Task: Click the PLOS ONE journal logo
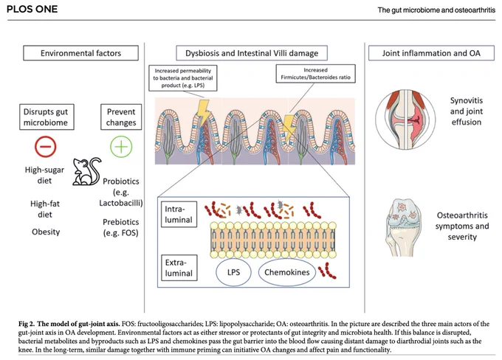point(32,9)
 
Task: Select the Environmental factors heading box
point(80,53)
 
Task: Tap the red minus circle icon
point(46,147)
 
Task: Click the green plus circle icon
point(121,147)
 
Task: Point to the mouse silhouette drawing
point(86,171)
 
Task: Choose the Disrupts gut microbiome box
point(47,117)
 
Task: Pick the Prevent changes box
point(121,117)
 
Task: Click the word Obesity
point(46,232)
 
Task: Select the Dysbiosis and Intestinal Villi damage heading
point(252,53)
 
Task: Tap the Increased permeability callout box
point(183,78)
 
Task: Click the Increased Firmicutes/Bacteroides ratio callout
point(316,74)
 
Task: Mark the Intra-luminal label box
point(179,214)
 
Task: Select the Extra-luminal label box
point(179,268)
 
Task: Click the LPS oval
point(233,272)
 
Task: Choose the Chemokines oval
point(287,272)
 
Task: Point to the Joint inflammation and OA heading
point(431,53)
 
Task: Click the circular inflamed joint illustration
point(405,120)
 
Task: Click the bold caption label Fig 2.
point(27,324)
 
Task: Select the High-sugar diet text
point(44,175)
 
